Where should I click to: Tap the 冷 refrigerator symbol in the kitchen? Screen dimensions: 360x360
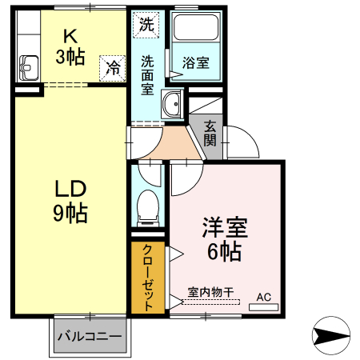(x=114, y=68)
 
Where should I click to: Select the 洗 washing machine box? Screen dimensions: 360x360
(x=146, y=25)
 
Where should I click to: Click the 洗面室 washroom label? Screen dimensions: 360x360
(x=149, y=74)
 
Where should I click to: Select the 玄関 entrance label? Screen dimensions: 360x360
(x=210, y=133)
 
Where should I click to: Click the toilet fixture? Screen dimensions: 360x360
(x=148, y=207)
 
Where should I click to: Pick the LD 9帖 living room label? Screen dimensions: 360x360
(x=70, y=201)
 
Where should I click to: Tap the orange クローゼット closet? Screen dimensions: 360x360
(x=150, y=277)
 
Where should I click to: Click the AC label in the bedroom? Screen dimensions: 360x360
(x=263, y=297)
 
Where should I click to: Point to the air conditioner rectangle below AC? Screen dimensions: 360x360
(x=263, y=306)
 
